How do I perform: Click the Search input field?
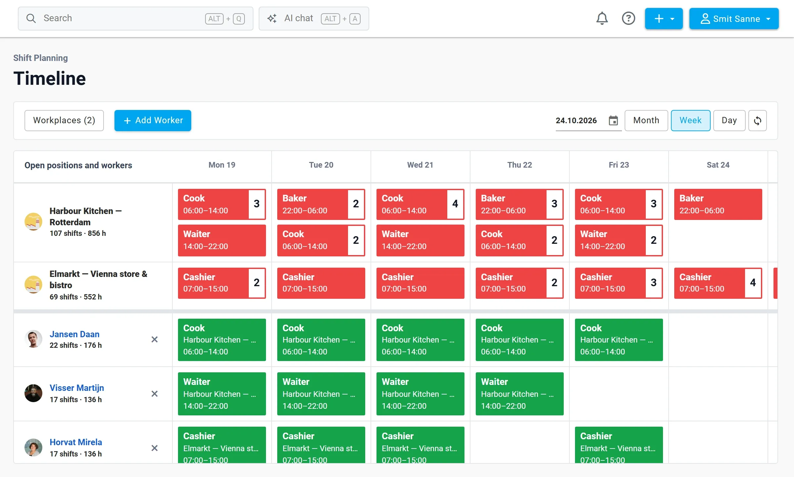136,19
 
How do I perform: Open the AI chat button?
314,19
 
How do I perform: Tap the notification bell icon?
602,19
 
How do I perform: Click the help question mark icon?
629,19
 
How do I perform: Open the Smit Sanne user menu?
734,19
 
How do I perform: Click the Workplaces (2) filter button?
64,121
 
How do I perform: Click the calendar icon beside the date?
613,121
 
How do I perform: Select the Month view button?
646,121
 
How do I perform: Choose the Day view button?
729,121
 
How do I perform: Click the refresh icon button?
758,121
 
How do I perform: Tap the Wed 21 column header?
420,165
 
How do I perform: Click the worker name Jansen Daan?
74,334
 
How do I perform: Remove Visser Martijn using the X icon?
154,394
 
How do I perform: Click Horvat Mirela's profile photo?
33,448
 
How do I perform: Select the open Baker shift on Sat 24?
718,204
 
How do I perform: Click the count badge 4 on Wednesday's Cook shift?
455,204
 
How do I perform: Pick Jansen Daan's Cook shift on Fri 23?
619,340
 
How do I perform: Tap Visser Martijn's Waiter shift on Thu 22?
519,394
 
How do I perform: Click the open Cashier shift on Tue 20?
321,283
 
